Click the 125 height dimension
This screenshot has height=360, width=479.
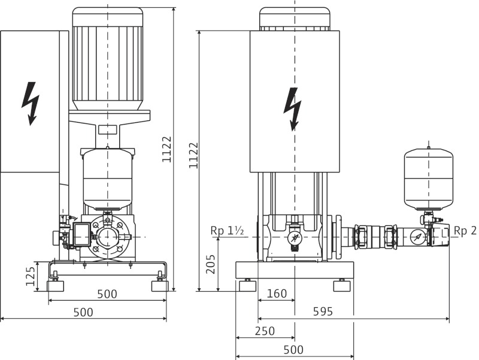coord(31,276)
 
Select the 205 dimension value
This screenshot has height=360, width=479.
coord(211,264)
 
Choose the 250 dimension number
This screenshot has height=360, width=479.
coord(265,331)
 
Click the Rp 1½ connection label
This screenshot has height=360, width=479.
coord(227,231)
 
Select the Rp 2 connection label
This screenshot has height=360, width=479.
coord(465,231)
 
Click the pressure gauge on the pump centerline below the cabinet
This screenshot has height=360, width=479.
coord(294,238)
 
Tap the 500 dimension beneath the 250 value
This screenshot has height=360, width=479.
coord(293,349)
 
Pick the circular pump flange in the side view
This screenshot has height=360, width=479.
coord(108,237)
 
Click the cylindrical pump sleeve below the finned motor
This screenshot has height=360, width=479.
coord(107,179)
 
